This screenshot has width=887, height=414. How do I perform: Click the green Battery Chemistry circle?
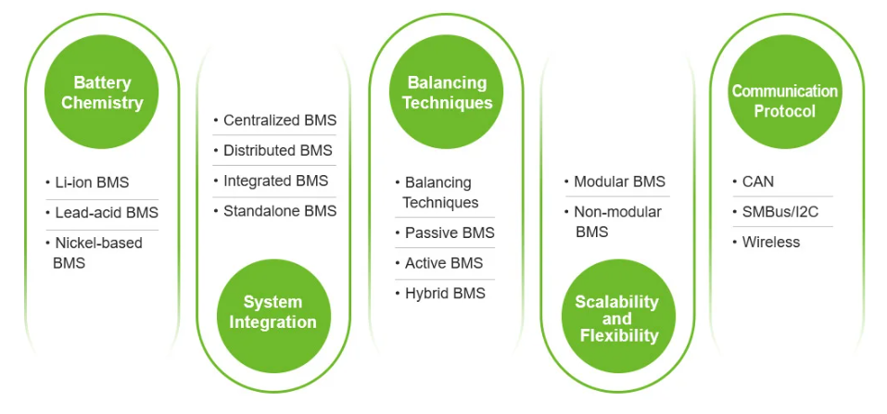(102, 93)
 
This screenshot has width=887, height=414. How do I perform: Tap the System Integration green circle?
(273, 312)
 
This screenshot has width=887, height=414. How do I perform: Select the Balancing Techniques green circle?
(447, 93)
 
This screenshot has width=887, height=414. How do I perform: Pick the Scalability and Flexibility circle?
(617, 319)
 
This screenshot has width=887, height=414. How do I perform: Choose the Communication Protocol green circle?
(784, 101)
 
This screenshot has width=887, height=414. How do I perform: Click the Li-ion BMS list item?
(92, 183)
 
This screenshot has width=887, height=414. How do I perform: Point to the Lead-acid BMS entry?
(106, 213)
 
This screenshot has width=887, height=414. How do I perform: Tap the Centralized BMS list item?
(279, 120)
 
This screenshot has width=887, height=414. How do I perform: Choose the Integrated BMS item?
(275, 181)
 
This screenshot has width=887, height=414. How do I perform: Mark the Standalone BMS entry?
(279, 211)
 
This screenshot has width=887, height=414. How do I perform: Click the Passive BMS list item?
(450, 232)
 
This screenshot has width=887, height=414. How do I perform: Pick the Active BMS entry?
(443, 263)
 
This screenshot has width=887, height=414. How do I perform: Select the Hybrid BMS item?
(445, 294)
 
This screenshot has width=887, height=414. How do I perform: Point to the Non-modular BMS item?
(617, 221)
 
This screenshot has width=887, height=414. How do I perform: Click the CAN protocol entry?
(758, 182)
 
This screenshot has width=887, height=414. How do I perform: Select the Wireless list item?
(770, 242)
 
